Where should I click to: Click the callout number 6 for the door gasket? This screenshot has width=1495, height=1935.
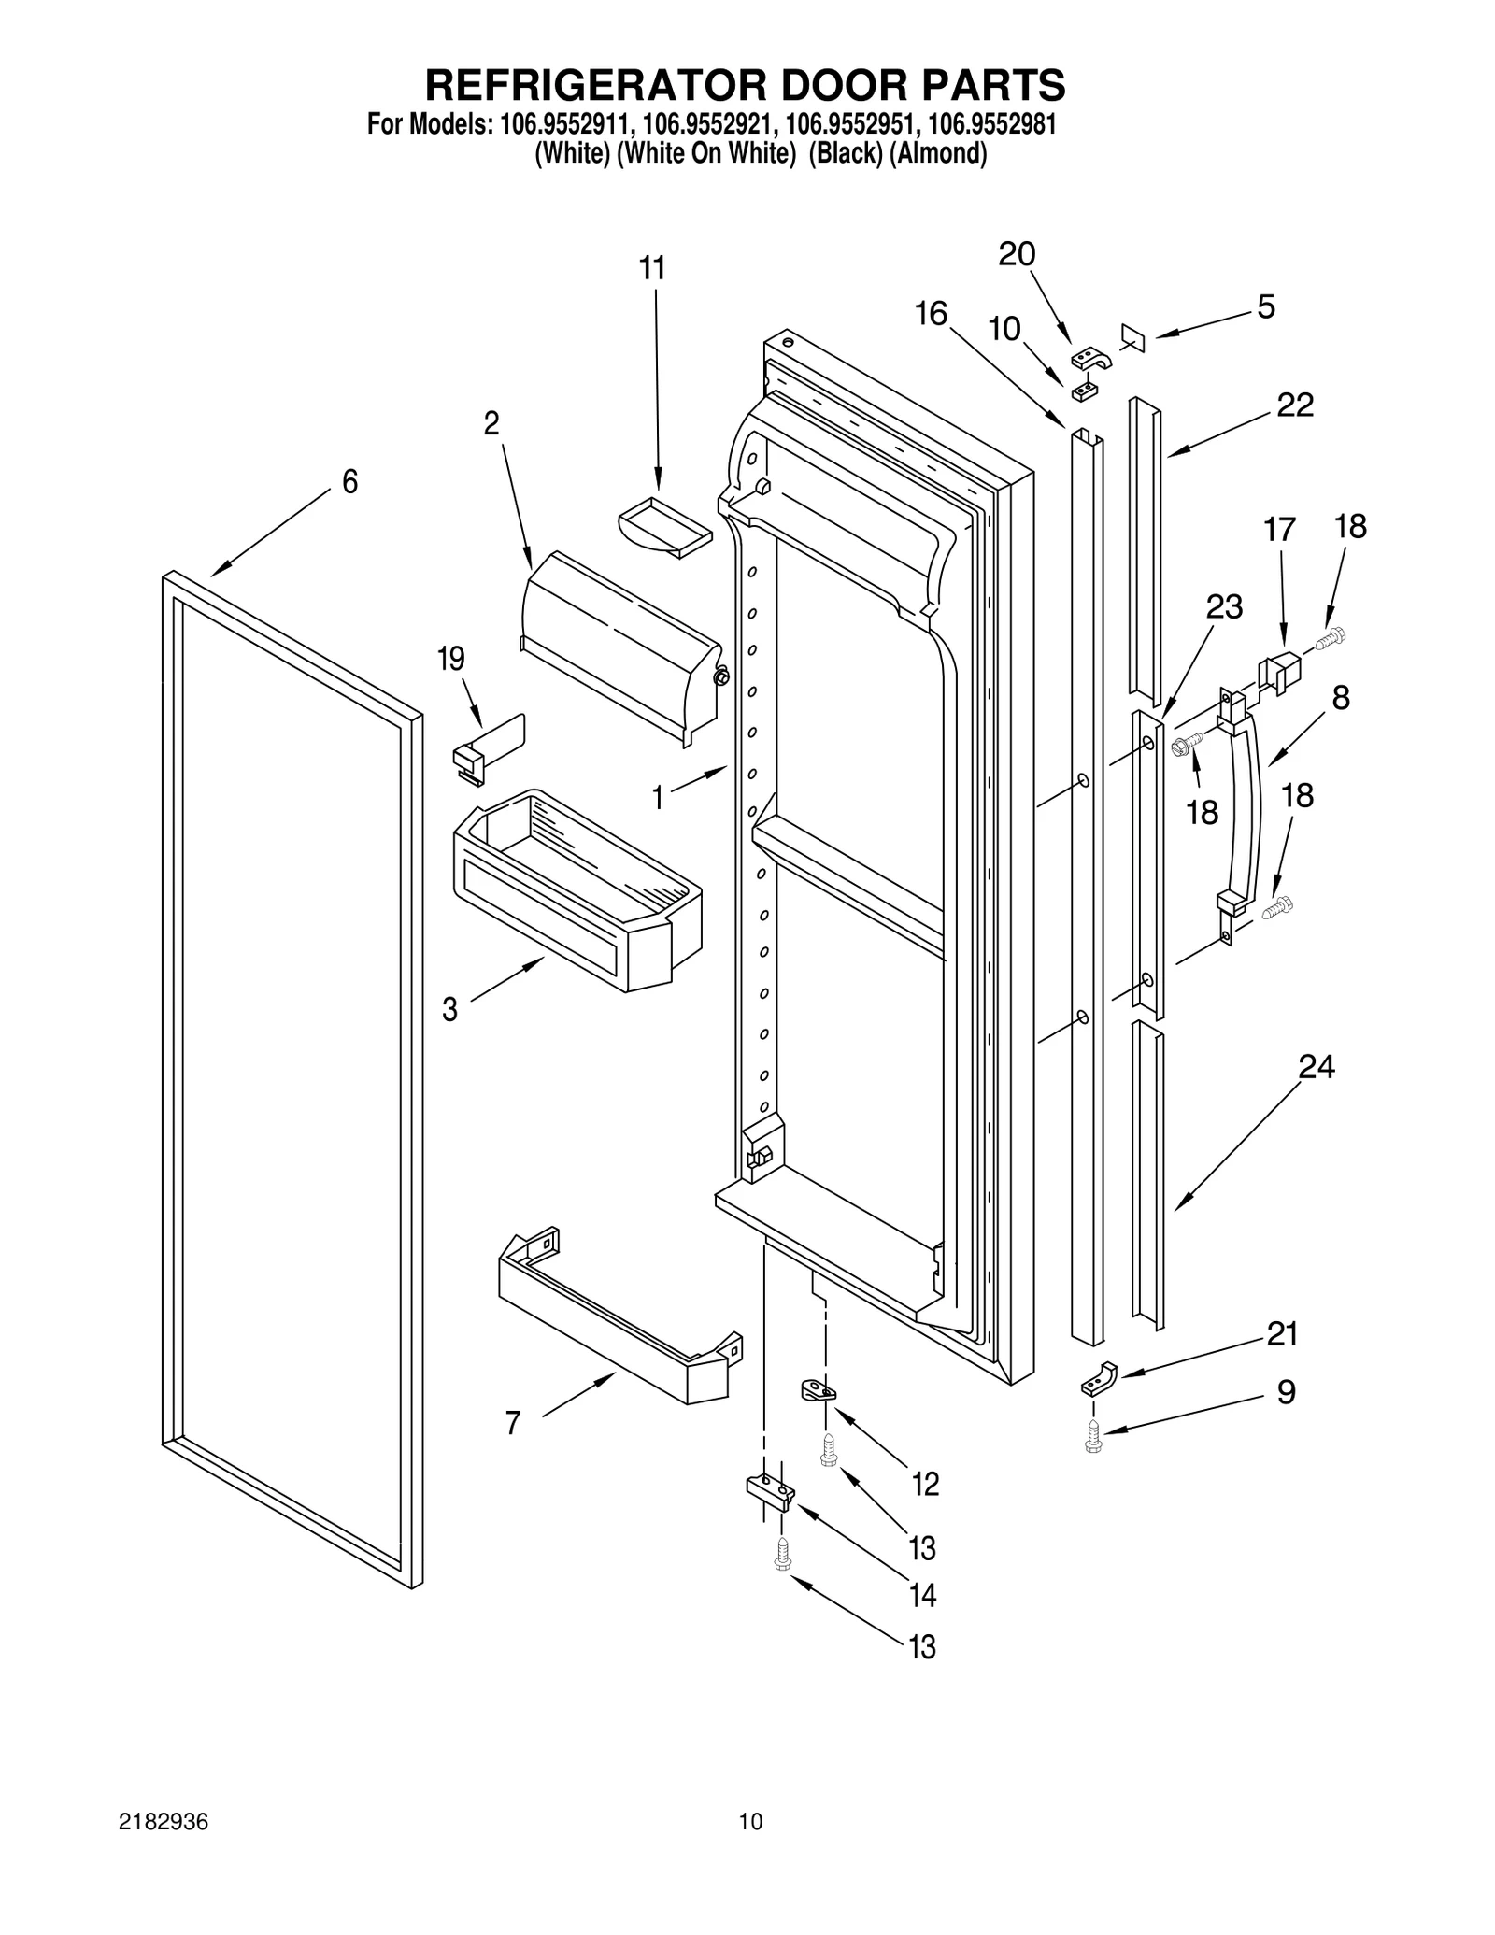[x=349, y=482]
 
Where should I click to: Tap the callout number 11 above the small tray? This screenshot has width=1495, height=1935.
[x=652, y=268]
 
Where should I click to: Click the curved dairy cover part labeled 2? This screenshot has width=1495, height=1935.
[x=621, y=645]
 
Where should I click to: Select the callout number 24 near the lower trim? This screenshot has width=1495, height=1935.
[x=1317, y=1066]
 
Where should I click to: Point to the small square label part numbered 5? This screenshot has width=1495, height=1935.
[x=1132, y=338]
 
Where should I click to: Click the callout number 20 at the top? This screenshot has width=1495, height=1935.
[x=1018, y=254]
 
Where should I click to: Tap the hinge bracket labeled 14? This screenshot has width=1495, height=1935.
[x=770, y=1492]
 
